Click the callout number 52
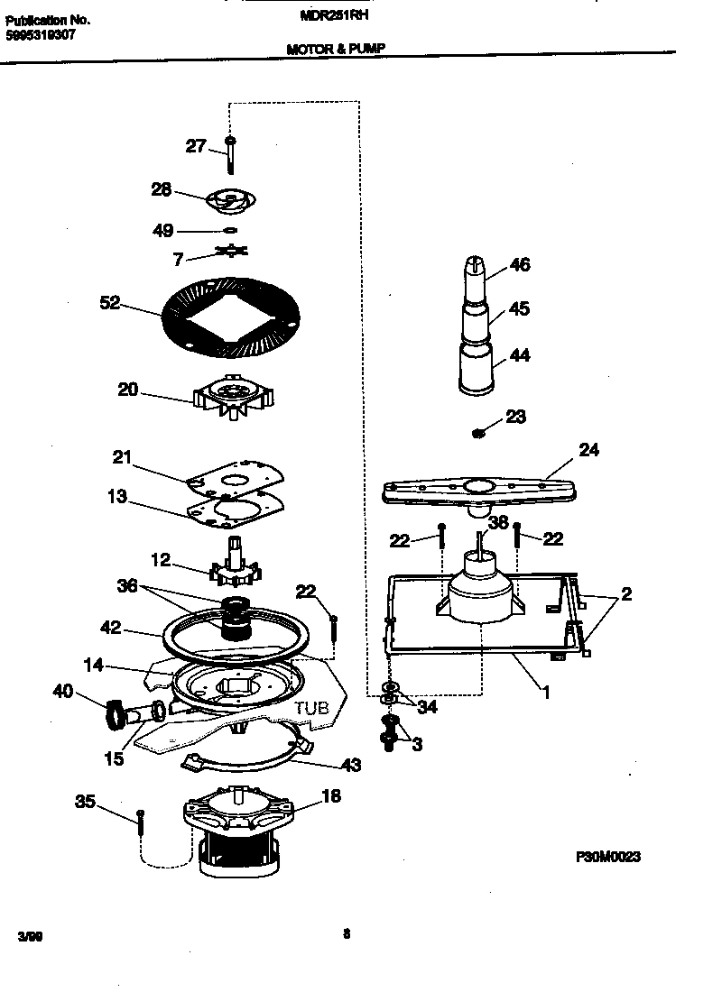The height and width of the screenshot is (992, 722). [109, 304]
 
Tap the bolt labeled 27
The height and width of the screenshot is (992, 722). [232, 154]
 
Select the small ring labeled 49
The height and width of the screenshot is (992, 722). [230, 231]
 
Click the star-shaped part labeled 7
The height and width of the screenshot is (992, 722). [232, 254]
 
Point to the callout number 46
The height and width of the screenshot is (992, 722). [520, 265]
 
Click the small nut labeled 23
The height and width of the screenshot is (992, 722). [479, 434]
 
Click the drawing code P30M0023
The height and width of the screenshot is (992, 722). [608, 857]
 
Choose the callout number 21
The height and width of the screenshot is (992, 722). [123, 458]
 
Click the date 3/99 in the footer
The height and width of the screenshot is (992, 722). [29, 938]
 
